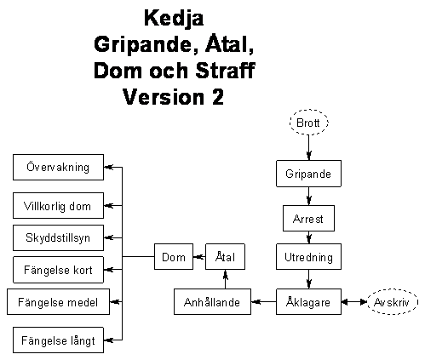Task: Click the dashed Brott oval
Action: click(309, 123)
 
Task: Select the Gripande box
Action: click(308, 174)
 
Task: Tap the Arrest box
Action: click(308, 218)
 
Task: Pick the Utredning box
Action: click(308, 256)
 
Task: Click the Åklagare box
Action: click(308, 301)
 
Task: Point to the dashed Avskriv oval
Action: click(393, 301)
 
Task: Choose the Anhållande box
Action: click(212, 301)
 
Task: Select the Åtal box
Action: click(225, 256)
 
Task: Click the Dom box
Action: click(174, 256)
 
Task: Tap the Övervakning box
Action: click(58, 167)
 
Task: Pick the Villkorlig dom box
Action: click(58, 205)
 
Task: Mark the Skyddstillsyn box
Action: click(58, 237)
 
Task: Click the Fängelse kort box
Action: click(58, 270)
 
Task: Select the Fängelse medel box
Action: click(58, 301)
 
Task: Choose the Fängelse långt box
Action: click(58, 340)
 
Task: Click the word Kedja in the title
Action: click(174, 19)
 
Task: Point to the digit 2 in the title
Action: click(217, 97)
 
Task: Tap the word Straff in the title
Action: click(226, 71)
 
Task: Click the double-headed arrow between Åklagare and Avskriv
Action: click(354, 302)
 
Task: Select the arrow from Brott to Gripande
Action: click(309, 147)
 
